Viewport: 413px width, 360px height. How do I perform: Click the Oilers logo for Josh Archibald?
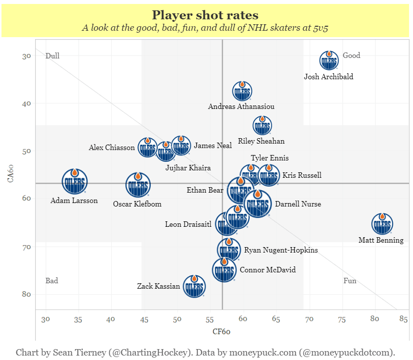pyautogui.click(x=329, y=61)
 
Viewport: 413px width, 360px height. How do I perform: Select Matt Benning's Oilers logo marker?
pyautogui.click(x=382, y=224)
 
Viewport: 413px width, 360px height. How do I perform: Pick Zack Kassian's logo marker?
pyautogui.click(x=194, y=286)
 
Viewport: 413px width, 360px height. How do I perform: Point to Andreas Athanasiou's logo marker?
pyautogui.click(x=242, y=91)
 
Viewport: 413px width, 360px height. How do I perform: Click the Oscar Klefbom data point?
pyautogui.click(x=138, y=185)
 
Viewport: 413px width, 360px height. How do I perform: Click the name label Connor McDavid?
pyautogui.click(x=268, y=270)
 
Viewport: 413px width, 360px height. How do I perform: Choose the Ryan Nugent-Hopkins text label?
pyautogui.click(x=281, y=250)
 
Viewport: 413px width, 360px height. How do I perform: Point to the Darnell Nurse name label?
pyautogui.click(x=298, y=204)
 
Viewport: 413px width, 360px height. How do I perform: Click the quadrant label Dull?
pyautogui.click(x=52, y=55)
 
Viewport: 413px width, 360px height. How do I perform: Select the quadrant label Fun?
pyautogui.click(x=350, y=281)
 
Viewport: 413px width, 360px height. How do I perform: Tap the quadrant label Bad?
pyautogui.click(x=52, y=281)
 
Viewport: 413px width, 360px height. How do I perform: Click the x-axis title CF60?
pyautogui.click(x=222, y=331)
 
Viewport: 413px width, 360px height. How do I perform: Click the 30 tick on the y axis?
pyautogui.click(x=26, y=56)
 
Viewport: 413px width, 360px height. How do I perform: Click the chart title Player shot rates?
pyautogui.click(x=205, y=15)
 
